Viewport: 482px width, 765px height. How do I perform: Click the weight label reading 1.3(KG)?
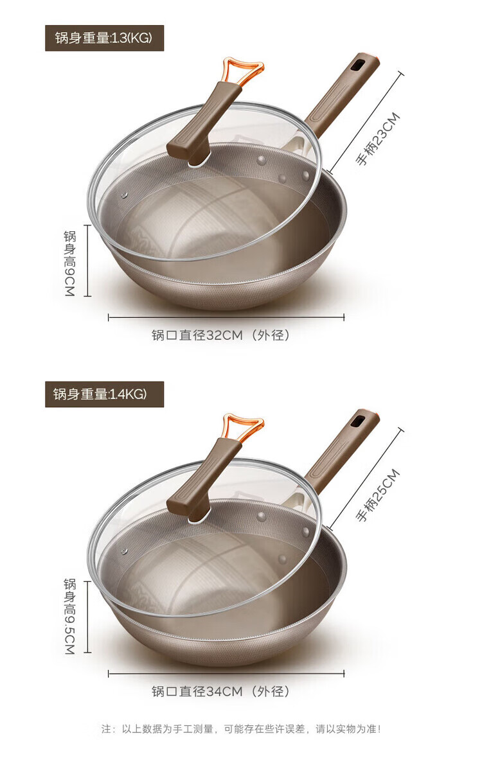[x=104, y=38]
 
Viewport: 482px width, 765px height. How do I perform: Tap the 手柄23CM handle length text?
[x=377, y=139]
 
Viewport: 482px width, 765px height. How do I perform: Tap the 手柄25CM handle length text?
[x=377, y=495]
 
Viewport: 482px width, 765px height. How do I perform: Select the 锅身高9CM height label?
[x=70, y=263]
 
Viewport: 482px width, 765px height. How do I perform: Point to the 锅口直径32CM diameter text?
[x=220, y=336]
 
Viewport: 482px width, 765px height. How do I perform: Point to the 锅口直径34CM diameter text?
[x=220, y=692]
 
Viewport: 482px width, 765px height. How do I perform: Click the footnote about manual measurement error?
[x=241, y=729]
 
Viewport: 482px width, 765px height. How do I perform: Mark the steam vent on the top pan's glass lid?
[x=124, y=195]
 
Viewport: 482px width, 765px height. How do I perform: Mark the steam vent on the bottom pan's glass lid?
[x=124, y=551]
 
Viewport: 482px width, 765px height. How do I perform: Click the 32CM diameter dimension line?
[x=226, y=317]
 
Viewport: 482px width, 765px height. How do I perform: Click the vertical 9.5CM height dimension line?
[x=89, y=617]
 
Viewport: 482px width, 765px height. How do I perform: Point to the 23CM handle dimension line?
[x=366, y=123]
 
